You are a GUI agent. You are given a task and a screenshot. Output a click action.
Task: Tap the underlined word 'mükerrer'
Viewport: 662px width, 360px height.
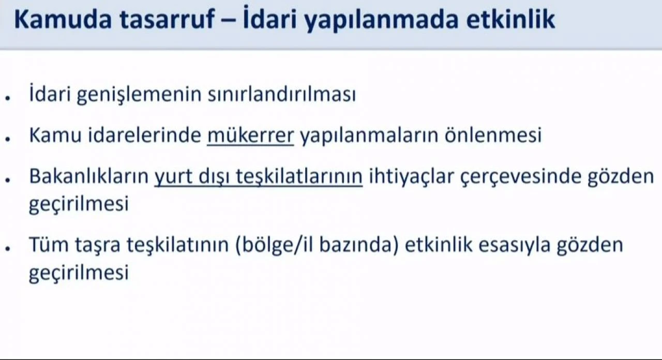[250, 136]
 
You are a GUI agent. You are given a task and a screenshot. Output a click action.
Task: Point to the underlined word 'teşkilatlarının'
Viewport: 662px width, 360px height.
[299, 177]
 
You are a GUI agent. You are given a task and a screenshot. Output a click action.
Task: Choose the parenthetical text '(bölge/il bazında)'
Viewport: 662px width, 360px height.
[317, 245]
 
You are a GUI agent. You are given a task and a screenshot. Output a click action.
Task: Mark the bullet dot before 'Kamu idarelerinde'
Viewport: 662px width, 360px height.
[9, 139]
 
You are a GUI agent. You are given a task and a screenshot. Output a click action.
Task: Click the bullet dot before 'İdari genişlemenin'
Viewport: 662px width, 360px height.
[9, 98]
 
